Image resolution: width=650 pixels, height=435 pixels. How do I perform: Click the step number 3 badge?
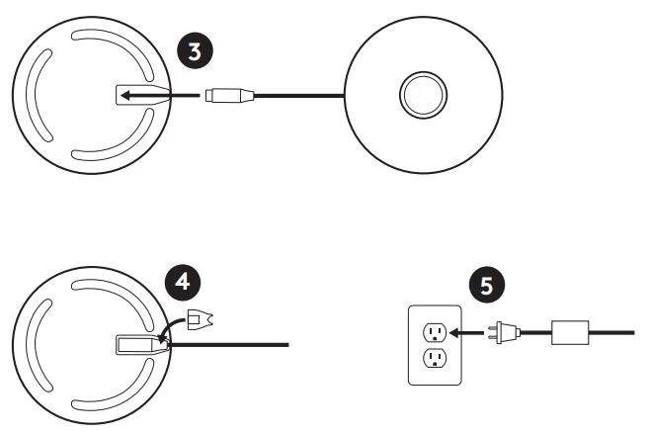196,51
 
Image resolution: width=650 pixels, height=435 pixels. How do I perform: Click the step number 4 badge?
183,282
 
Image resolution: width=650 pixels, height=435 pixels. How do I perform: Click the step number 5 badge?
487,285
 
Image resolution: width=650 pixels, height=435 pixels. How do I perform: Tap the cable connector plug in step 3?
229,95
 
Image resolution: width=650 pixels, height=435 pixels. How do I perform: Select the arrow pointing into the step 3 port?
160,96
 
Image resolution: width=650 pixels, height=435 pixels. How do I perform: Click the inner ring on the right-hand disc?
423,95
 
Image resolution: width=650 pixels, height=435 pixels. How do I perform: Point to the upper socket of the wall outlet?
435,332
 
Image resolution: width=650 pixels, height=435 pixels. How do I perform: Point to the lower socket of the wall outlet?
435,358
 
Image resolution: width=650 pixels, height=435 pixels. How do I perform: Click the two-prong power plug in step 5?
505,332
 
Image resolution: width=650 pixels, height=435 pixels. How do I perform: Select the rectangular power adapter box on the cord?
570,332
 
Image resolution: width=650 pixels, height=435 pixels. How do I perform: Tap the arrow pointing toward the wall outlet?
467,332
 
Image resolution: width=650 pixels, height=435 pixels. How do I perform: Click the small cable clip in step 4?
201,319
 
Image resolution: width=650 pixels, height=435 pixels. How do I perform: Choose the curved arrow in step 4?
173,329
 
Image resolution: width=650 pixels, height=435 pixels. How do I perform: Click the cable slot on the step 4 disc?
142,345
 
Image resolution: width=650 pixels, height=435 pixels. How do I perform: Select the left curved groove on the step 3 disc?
40,95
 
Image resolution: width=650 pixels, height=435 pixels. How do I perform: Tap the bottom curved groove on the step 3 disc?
114,135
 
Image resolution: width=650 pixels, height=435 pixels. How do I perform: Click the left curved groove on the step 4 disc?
40,346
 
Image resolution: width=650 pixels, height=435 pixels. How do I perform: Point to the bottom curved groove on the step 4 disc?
114,386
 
